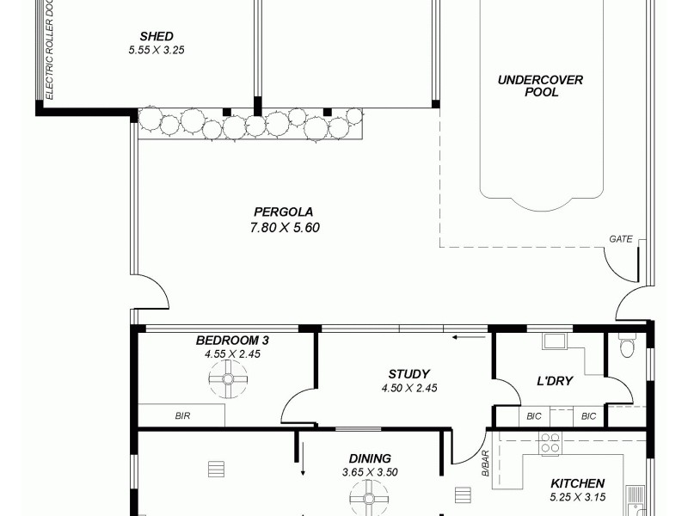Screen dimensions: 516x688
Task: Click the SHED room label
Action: (x=157, y=36)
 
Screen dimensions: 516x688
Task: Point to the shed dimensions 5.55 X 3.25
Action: (x=157, y=50)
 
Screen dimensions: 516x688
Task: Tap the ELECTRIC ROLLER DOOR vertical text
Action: (x=50, y=50)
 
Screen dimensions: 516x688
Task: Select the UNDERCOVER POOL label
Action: (x=541, y=86)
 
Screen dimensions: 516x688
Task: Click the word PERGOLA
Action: (x=283, y=212)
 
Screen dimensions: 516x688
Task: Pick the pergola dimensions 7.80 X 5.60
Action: (x=283, y=228)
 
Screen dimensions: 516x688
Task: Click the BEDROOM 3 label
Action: (x=226, y=341)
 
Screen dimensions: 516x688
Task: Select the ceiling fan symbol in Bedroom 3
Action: (x=229, y=378)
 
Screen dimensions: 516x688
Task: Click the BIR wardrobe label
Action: (x=182, y=416)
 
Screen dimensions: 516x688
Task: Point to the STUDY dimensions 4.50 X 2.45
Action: (x=409, y=388)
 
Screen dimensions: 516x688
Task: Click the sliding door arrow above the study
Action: (x=468, y=337)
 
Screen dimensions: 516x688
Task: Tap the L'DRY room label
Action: (x=555, y=381)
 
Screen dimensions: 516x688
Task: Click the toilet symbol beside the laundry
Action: (x=626, y=347)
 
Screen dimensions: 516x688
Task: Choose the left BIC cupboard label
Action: (x=534, y=416)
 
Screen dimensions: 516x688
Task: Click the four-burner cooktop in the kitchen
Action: (x=550, y=444)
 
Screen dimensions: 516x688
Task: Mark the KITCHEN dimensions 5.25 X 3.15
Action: (x=577, y=497)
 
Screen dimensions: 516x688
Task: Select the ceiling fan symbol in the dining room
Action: (x=370, y=497)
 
